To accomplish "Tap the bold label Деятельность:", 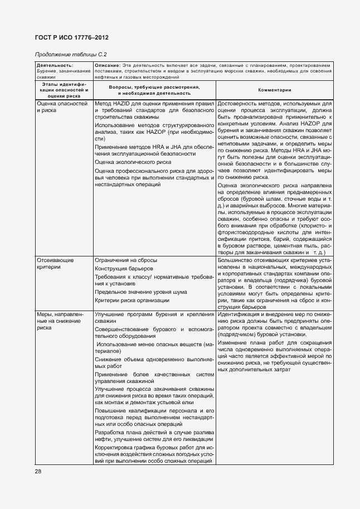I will coord(51,66).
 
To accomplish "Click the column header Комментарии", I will coord(275,90).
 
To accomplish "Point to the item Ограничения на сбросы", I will coord(125,260).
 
